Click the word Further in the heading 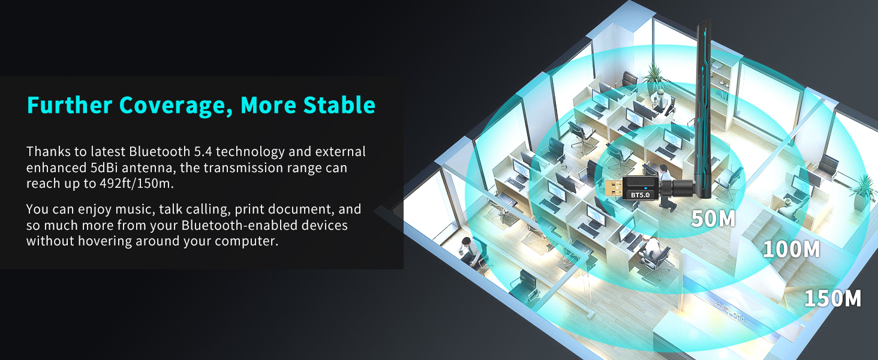point(70,105)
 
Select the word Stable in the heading point(339,105)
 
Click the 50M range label point(713,218)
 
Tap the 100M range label point(791,249)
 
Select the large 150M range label point(832,298)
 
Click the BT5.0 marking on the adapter point(640,195)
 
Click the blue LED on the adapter point(645,188)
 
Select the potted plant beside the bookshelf point(654,75)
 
